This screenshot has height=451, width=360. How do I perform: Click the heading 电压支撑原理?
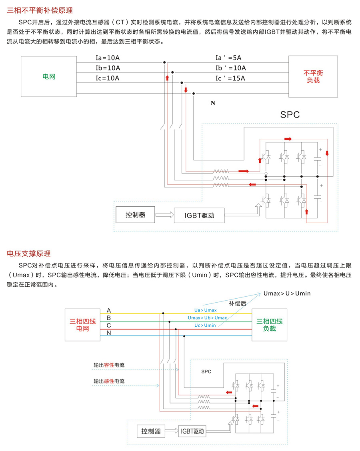tap(29, 253)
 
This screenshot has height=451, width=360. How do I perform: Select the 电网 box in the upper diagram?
tap(49, 76)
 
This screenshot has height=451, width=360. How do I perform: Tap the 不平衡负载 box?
tap(313, 76)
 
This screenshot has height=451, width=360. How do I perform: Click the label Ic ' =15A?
tap(230, 78)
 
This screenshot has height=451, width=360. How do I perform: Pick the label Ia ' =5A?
tap(228, 58)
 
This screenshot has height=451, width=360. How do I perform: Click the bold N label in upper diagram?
tap(213, 104)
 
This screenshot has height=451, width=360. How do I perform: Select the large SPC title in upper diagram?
tap(290, 115)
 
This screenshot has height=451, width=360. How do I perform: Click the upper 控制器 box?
tap(135, 215)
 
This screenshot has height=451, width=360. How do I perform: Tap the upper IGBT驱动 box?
tap(199, 215)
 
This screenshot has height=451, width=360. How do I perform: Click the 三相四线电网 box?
tap(83, 325)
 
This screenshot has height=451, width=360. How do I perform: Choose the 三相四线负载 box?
tap(269, 325)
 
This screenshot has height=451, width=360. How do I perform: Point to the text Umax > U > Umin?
tap(287, 293)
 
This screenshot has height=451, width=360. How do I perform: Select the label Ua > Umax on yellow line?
tap(205, 310)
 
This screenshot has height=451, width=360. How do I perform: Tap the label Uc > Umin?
tap(205, 325)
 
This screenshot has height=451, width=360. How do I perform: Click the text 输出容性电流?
tap(109, 365)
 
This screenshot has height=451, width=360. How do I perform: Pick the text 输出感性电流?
tap(109, 381)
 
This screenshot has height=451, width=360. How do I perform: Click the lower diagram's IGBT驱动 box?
tap(192, 431)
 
